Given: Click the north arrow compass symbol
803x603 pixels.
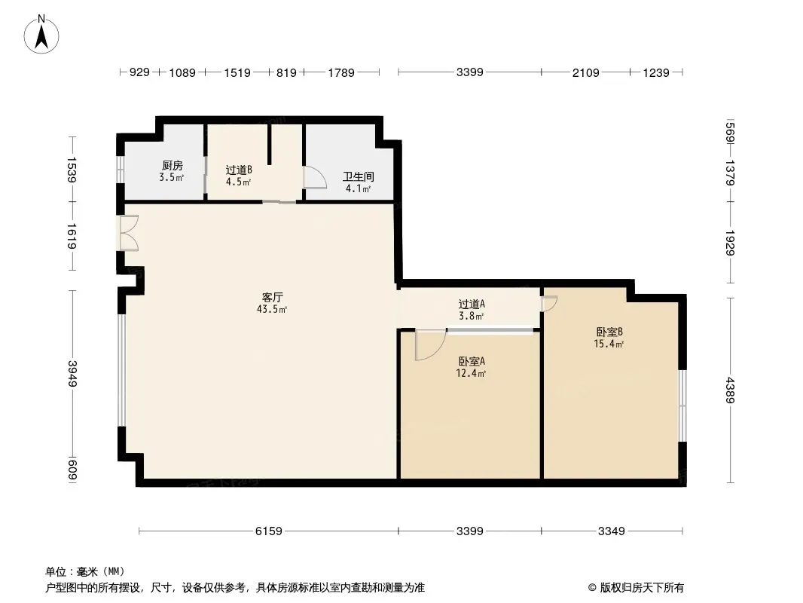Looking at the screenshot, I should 42,34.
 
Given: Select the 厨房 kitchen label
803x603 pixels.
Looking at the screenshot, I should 172,166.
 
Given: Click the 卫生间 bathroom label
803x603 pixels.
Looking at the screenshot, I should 358,177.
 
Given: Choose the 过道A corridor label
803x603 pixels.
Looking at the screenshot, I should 472,305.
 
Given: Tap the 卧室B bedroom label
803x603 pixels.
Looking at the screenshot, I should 609,332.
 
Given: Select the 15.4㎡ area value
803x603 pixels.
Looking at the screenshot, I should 609,344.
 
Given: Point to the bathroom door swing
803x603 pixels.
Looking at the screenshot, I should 314,178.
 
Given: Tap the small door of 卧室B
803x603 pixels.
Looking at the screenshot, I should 549,303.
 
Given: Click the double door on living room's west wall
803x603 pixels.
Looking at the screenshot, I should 128,233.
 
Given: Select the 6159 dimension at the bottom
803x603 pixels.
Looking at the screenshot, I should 268,531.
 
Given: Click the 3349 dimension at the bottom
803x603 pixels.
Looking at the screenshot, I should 612,531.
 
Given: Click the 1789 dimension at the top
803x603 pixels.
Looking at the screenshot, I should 340,73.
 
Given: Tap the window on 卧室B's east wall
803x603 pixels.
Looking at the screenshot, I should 681,405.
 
